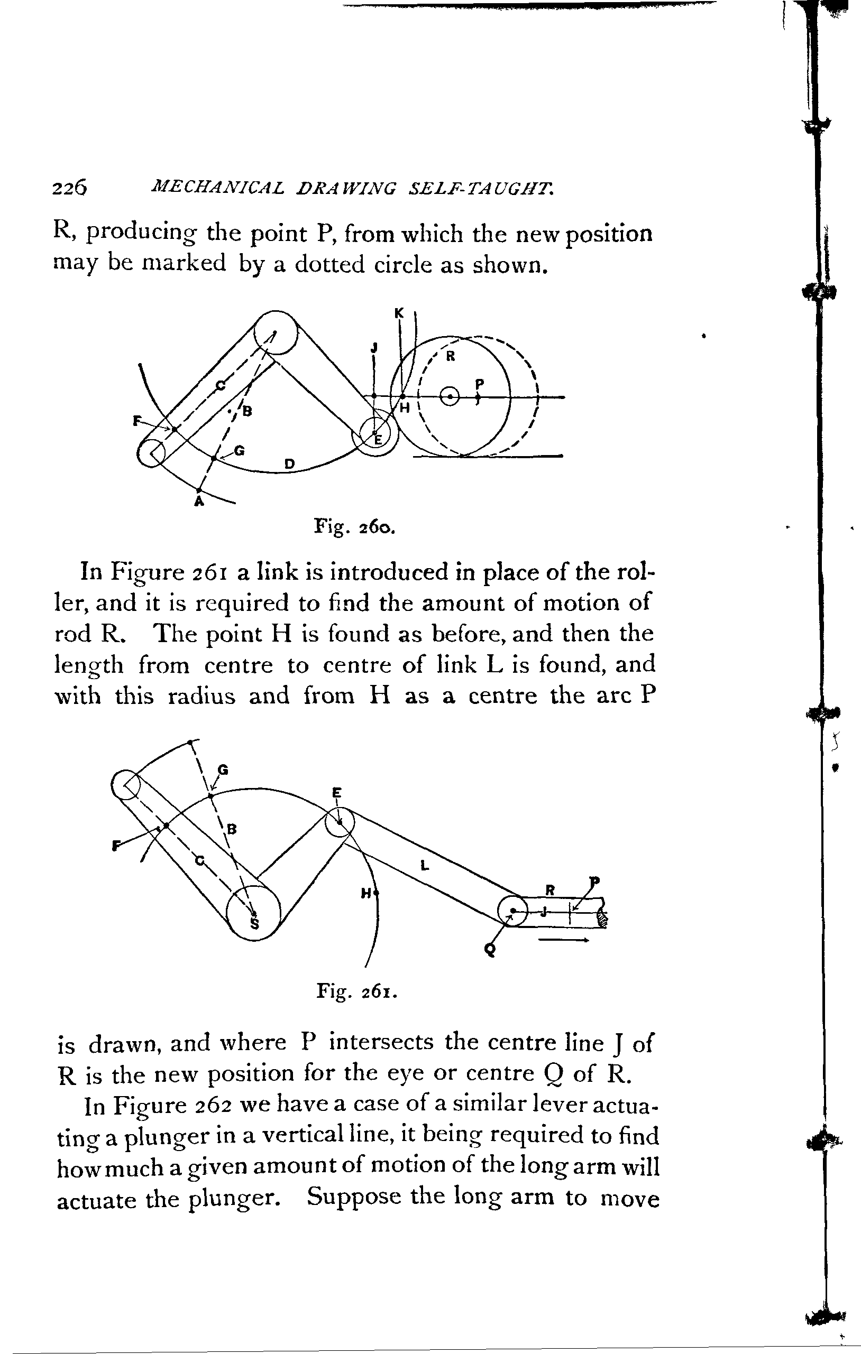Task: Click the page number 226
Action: (x=70, y=187)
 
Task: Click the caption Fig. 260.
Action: (x=355, y=528)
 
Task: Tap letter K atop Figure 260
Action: (x=399, y=314)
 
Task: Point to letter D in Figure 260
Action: (x=289, y=464)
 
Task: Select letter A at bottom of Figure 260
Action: (x=198, y=502)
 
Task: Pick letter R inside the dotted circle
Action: (x=450, y=357)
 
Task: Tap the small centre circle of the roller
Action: (x=450, y=396)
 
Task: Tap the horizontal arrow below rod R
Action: (x=564, y=940)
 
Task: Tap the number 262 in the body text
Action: (x=212, y=1107)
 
